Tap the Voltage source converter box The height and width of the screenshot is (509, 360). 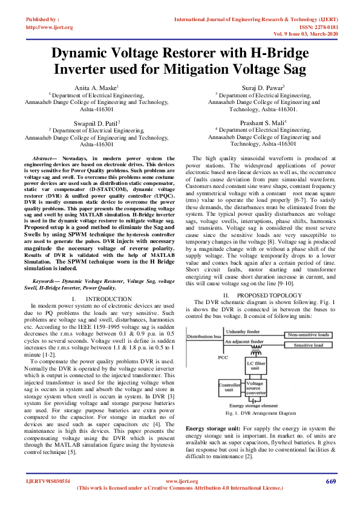coord(255,387)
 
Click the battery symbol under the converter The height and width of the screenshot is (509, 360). coord(255,400)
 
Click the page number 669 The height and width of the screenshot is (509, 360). coord(330,481)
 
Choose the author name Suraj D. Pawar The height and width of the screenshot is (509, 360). coord(252,88)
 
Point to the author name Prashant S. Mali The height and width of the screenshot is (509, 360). coord(252,122)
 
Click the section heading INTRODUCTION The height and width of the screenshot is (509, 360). coord(101,299)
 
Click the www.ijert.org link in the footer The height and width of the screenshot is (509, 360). coord(179,481)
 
